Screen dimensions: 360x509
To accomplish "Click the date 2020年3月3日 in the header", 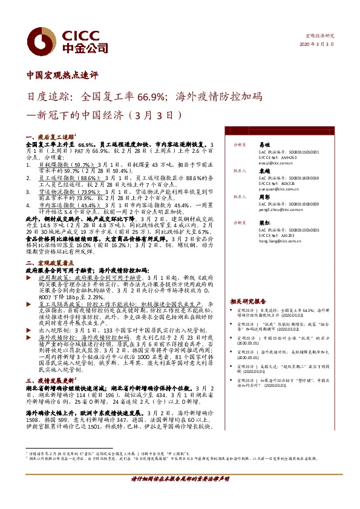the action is click(x=321, y=45).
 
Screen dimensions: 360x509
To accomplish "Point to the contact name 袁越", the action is click(x=264, y=172).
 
